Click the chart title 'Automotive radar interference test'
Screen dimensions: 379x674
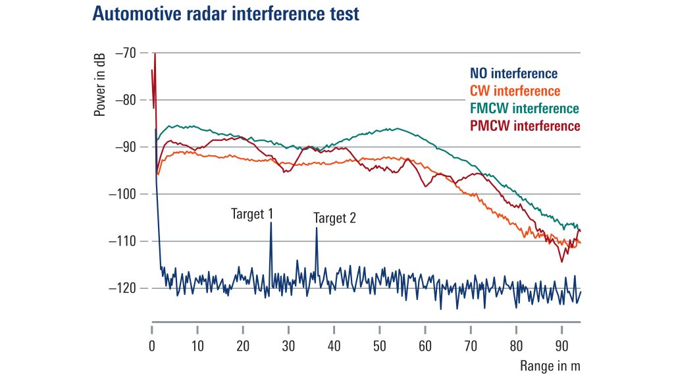(226, 14)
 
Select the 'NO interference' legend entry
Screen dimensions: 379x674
(513, 74)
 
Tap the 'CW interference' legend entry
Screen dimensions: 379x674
(515, 91)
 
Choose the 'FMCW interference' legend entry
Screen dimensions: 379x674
(524, 108)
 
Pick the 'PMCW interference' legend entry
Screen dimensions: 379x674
(524, 125)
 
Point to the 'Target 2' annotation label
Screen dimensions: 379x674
(334, 218)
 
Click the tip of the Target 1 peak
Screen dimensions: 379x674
(271, 223)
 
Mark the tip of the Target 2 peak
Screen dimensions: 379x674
(317, 228)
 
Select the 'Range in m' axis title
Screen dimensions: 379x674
(550, 365)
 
